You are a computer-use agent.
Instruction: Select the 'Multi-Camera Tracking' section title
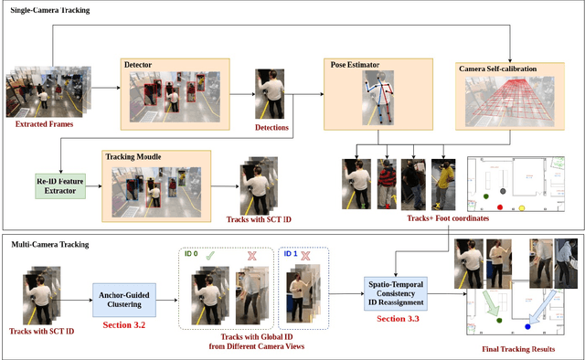(51, 245)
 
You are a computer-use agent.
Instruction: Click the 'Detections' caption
(270, 127)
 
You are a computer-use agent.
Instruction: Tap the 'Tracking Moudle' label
(133, 156)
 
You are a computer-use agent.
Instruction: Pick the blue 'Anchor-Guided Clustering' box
(123, 295)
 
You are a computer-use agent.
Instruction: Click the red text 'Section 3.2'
(123, 323)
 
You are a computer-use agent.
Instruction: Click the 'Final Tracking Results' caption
(518, 348)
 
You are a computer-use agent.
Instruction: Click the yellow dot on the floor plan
(522, 208)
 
